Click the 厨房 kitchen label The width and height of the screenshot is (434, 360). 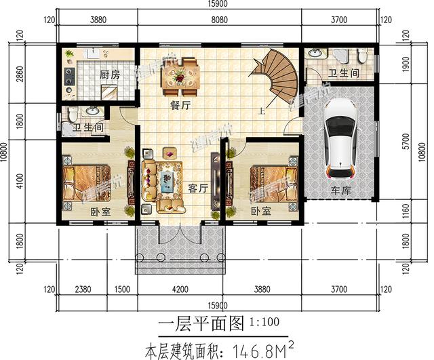click(x=109, y=75)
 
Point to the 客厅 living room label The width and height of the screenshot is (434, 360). click(x=197, y=189)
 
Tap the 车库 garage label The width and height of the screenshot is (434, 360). click(x=340, y=192)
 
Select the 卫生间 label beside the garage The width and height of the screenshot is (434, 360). click(x=344, y=73)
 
